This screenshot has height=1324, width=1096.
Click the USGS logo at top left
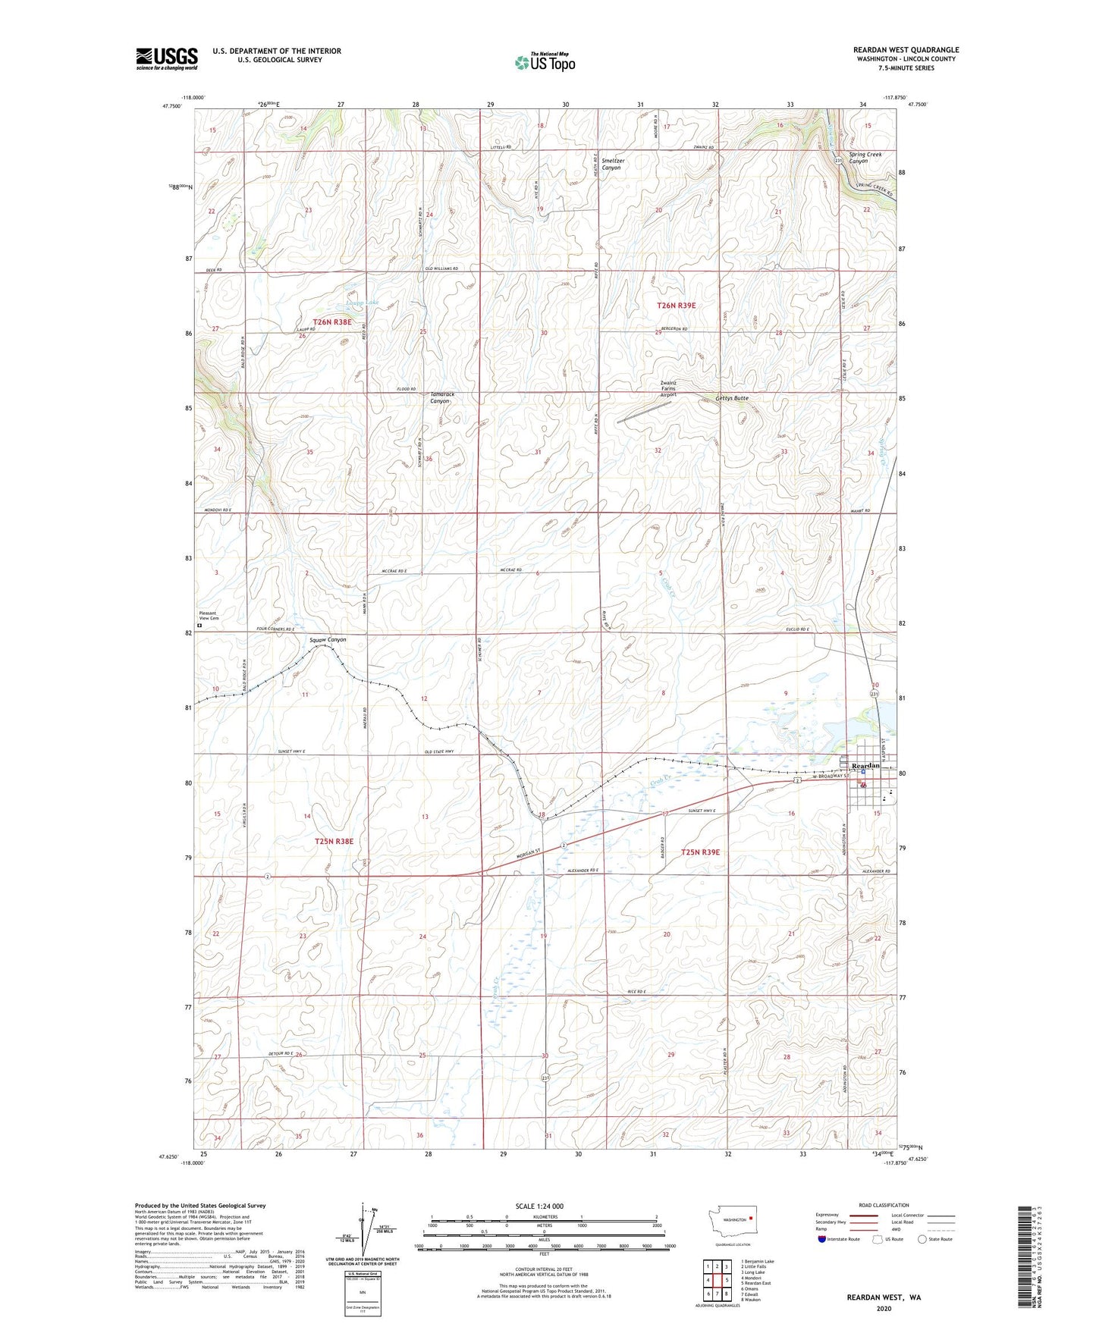[x=166, y=58]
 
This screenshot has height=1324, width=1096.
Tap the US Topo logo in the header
[x=545, y=62]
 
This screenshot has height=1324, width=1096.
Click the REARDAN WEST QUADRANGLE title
[x=905, y=50]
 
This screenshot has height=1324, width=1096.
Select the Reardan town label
[x=865, y=766]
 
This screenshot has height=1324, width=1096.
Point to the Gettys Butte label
[x=731, y=398]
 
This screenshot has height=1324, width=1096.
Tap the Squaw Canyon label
[x=328, y=639]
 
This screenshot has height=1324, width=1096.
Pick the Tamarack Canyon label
[x=440, y=397]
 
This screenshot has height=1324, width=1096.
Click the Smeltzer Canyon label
[x=611, y=164]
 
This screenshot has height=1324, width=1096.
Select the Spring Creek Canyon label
[x=865, y=158]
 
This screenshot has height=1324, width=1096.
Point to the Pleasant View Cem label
[x=209, y=616]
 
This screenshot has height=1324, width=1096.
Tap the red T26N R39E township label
[x=675, y=305]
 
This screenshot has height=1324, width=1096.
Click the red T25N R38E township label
[x=334, y=841]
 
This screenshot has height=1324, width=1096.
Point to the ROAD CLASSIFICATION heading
[x=884, y=1205]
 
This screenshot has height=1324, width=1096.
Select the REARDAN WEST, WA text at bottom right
[x=884, y=1297]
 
